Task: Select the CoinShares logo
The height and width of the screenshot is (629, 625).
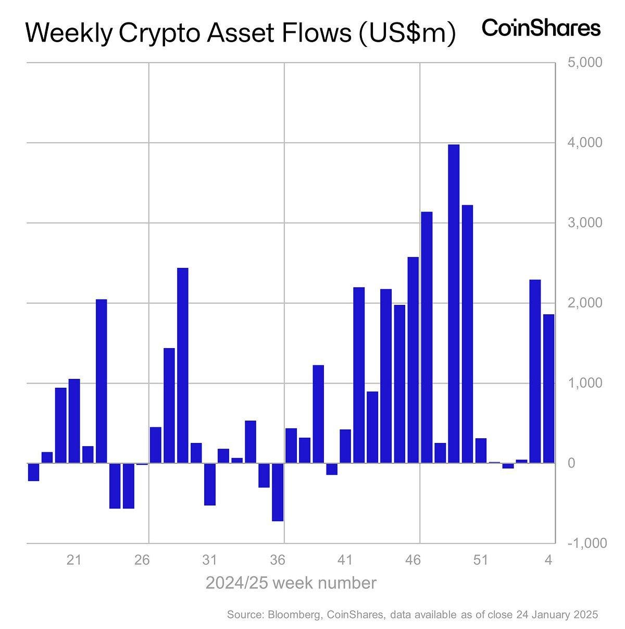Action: [541, 28]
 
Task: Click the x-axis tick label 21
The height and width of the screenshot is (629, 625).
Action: [74, 561]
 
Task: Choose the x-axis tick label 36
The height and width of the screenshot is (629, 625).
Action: [278, 561]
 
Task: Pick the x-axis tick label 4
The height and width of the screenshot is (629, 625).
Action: [548, 561]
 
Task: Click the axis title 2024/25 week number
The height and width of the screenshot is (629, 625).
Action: [291, 583]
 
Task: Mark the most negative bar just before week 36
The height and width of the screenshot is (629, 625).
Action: [278, 492]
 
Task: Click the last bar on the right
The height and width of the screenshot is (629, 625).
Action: [548, 388]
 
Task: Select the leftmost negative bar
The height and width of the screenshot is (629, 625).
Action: [33, 472]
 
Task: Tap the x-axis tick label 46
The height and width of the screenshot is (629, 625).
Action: [413, 561]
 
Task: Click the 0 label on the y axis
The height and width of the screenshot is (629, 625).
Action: [571, 463]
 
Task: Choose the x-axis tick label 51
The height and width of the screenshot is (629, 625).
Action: [480, 561]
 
